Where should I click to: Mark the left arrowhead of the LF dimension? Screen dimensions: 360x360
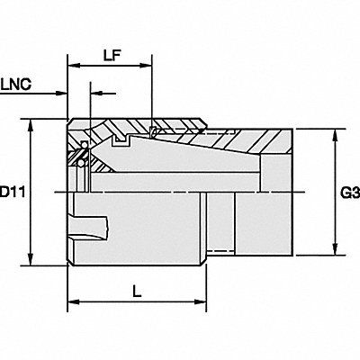pyautogui.click(x=72, y=65)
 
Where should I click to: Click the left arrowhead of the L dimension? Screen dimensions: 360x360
pyautogui.click(x=72, y=301)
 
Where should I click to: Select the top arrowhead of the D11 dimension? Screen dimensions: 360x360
pyautogui.click(x=34, y=124)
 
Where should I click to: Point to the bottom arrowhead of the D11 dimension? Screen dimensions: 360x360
pyautogui.click(x=34, y=262)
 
